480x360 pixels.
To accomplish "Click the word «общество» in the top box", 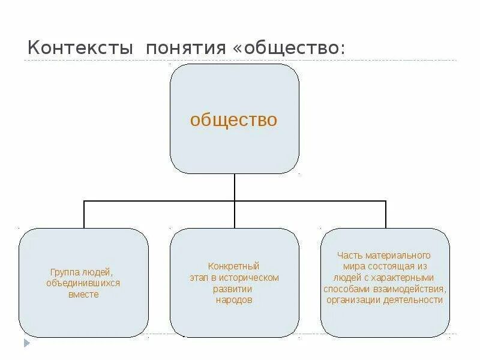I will (233, 120).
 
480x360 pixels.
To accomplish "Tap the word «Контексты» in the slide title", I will (80, 47).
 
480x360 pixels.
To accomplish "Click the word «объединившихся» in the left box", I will (83, 283).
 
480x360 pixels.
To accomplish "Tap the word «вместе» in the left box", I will (83, 295).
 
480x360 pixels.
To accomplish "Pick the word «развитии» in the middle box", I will (233, 289).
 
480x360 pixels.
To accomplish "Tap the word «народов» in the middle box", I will (234, 300).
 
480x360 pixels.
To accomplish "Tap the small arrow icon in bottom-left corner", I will (26, 344).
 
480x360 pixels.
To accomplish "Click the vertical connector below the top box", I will (235, 187).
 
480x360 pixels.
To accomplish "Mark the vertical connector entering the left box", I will (84, 214).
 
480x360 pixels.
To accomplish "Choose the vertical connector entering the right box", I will (385, 214).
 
